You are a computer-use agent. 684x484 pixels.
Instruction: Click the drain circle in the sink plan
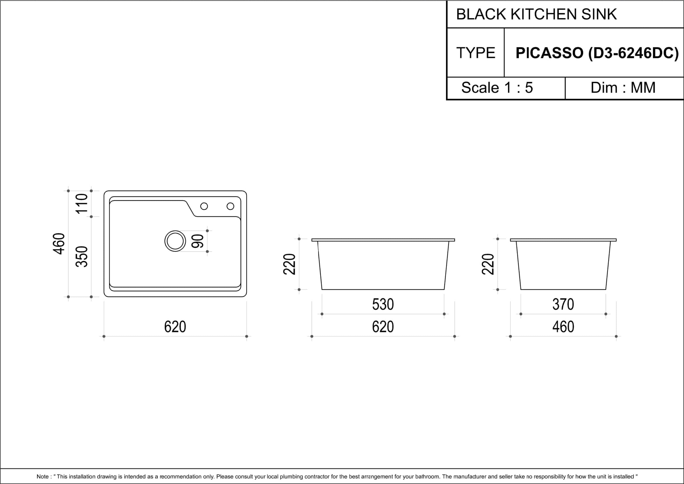[165, 241]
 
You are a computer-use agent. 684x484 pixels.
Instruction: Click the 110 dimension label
[82, 204]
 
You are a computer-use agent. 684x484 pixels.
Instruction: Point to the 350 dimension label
[82, 257]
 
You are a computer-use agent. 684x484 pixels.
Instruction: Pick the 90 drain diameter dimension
[197, 241]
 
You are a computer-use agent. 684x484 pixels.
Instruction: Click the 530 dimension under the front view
[383, 304]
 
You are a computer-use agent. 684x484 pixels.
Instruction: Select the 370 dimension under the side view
[563, 304]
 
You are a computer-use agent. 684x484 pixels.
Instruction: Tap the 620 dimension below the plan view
[175, 327]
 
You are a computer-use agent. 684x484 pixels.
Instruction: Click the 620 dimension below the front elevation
[383, 327]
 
